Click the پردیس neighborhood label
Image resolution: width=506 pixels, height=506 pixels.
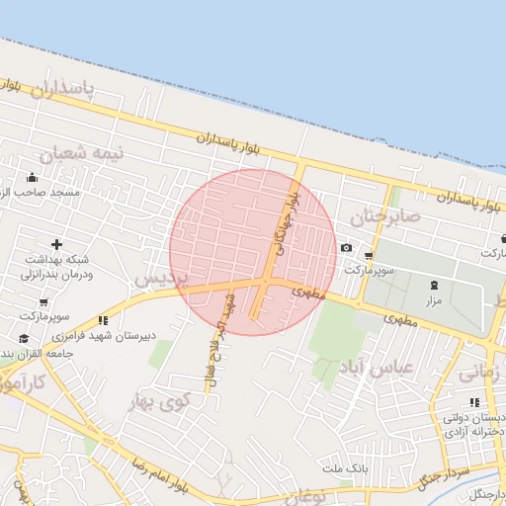159,280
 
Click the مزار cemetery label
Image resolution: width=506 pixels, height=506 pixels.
434,298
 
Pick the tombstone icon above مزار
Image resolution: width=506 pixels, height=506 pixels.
434,285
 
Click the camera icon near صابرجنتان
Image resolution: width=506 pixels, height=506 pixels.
346,247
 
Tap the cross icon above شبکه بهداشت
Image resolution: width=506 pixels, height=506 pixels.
56,244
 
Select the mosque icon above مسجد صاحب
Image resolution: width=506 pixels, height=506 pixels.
34,178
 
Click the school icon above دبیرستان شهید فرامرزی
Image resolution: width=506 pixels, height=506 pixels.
104,320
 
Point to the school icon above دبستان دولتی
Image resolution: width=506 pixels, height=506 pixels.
474,402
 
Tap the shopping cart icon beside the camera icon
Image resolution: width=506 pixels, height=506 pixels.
369,255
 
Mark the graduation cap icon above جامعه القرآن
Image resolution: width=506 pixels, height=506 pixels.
23,339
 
